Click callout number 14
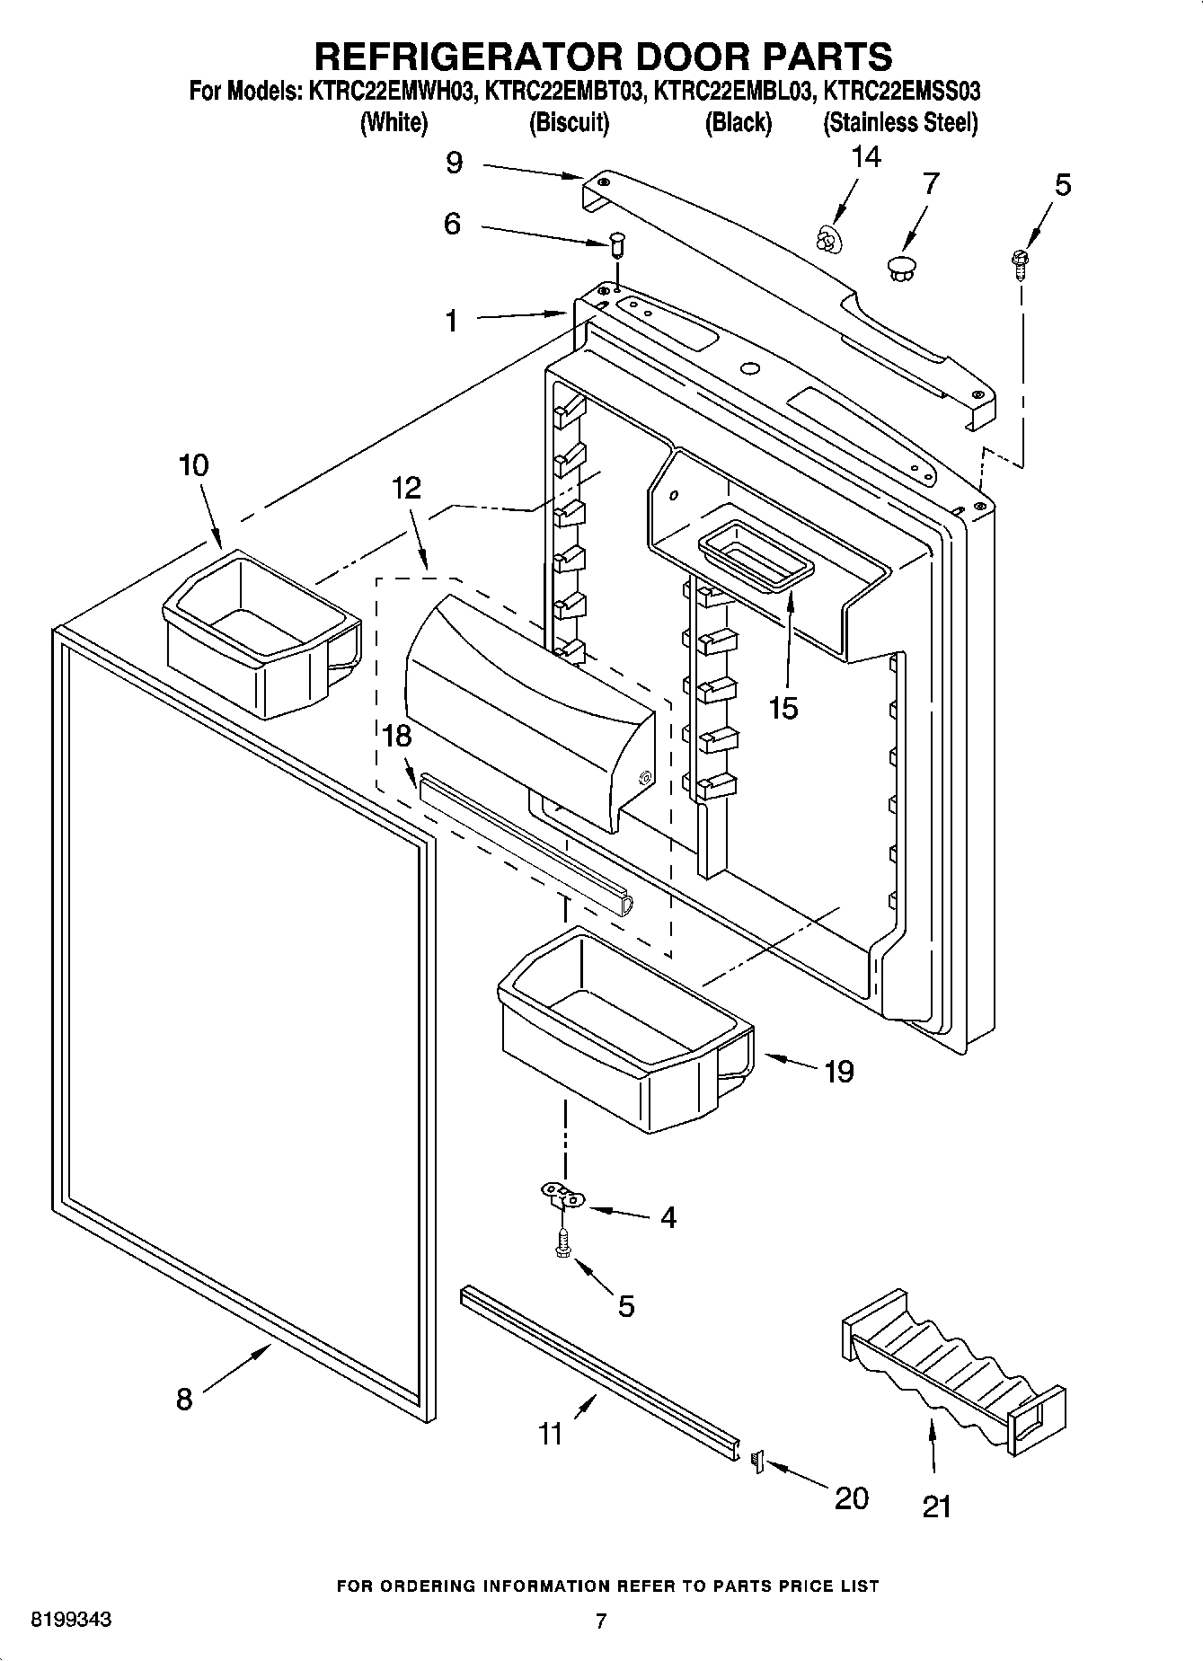pyautogui.click(x=866, y=157)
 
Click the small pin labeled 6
pyautogui.click(x=616, y=243)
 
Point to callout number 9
pyautogui.click(x=455, y=163)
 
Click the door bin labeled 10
pyautogui.click(x=261, y=633)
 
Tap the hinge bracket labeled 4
pyautogui.click(x=562, y=1197)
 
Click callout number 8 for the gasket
pyautogui.click(x=184, y=1398)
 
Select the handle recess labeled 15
pyautogui.click(x=755, y=559)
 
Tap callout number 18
pyautogui.click(x=396, y=736)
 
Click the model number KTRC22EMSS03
pyautogui.click(x=901, y=91)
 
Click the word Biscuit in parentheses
pyautogui.click(x=569, y=122)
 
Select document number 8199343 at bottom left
pyautogui.click(x=71, y=1620)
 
